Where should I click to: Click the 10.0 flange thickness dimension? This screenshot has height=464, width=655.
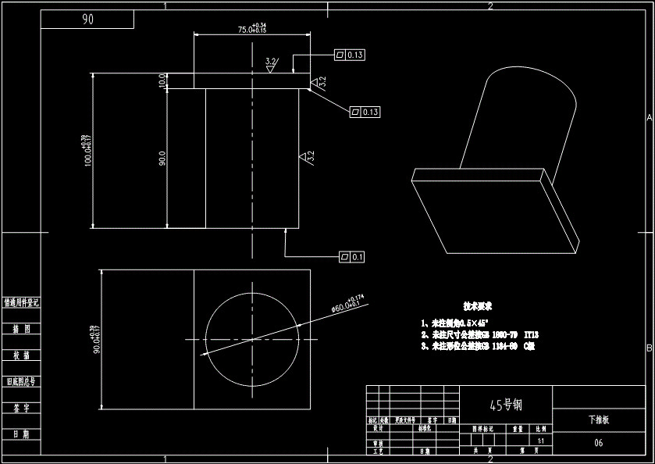pyautogui.click(x=162, y=80)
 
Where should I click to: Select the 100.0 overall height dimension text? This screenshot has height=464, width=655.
pyautogui.click(x=87, y=151)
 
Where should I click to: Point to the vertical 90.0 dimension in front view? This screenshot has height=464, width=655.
pyautogui.click(x=162, y=159)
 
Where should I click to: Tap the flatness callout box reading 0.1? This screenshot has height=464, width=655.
pyautogui.click(x=351, y=256)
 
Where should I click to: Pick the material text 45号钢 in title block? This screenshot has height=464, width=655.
pyautogui.click(x=505, y=405)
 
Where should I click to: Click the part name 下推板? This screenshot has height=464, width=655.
pyautogui.click(x=598, y=419)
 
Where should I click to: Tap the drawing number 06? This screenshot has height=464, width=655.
pyautogui.click(x=598, y=443)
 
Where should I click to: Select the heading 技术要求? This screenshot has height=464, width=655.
pyautogui.click(x=478, y=307)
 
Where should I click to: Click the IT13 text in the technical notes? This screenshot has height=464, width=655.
pyautogui.click(x=531, y=334)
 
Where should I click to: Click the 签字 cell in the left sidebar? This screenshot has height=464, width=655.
pyautogui.click(x=21, y=408)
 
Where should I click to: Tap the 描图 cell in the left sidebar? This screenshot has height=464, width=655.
pyautogui.click(x=21, y=329)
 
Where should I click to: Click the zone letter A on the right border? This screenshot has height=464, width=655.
pyautogui.click(x=649, y=117)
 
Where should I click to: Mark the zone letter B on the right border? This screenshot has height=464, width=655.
pyautogui.click(x=649, y=348)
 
